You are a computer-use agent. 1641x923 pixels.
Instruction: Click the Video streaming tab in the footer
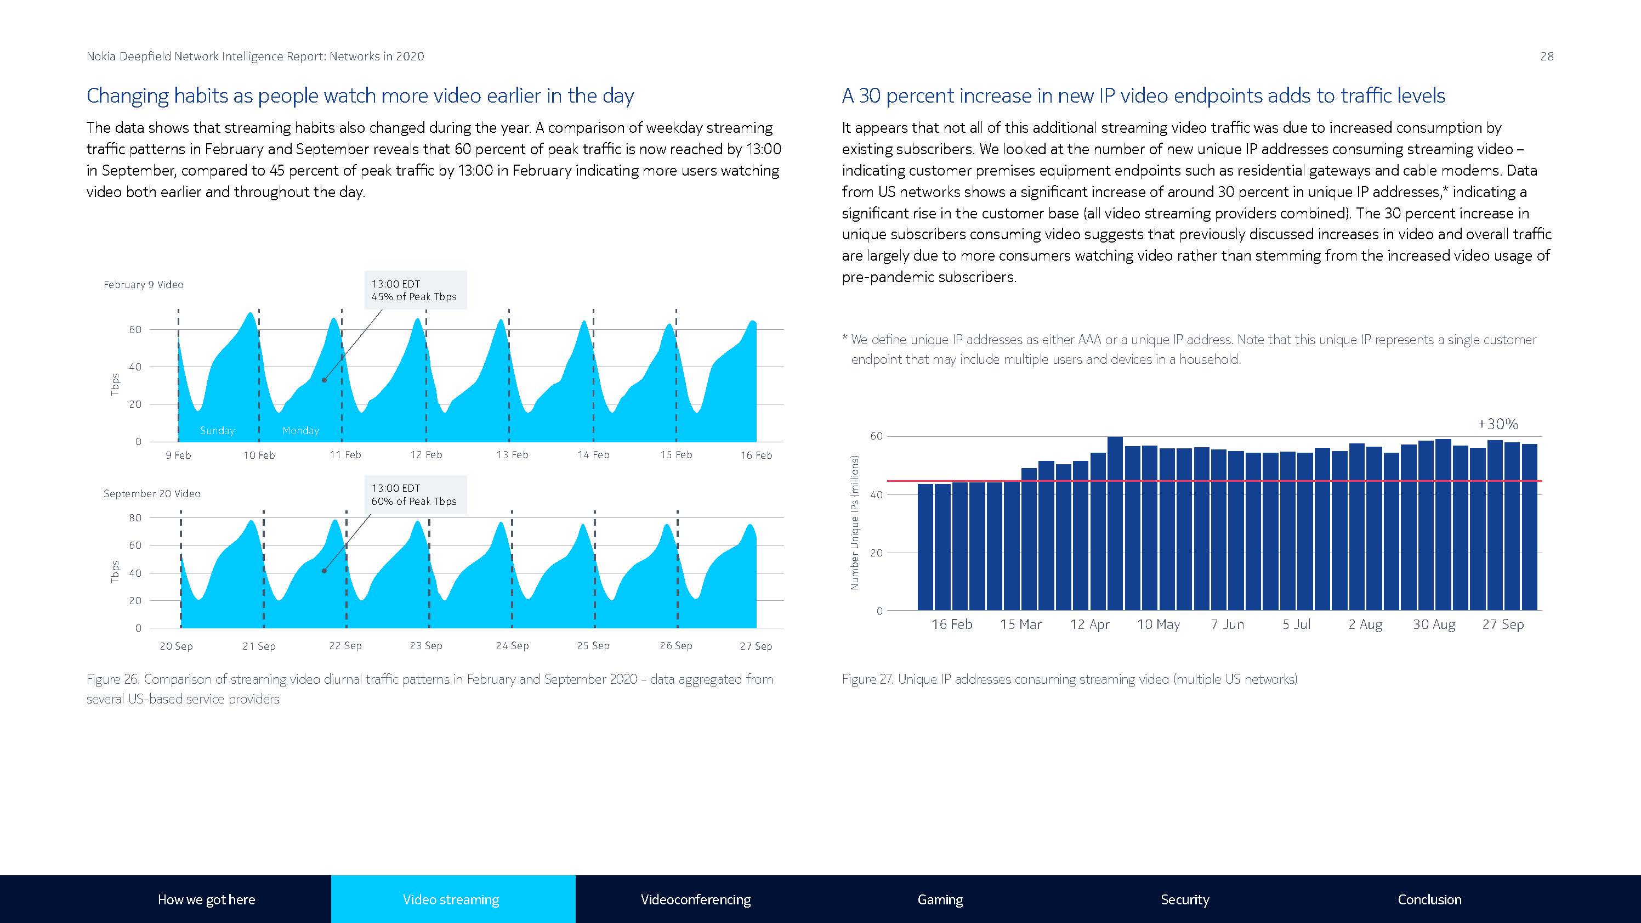(451, 899)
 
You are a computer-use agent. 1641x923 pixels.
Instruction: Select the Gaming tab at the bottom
(940, 899)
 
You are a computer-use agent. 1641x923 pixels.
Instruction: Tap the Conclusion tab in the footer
(1429, 899)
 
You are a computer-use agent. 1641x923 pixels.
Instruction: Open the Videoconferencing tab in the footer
(695, 899)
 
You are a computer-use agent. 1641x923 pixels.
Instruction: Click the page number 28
(1547, 57)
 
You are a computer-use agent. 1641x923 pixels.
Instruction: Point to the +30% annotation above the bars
(1498, 424)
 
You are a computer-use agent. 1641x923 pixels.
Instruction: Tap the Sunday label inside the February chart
(217, 431)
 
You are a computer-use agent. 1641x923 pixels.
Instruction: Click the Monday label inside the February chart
(300, 431)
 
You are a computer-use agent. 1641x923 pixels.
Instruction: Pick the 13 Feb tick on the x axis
(512, 455)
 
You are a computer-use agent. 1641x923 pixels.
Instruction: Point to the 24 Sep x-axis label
(512, 646)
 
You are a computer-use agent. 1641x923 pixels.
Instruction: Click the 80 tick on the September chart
(135, 517)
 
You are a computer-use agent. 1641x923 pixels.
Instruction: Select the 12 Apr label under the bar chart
(1089, 624)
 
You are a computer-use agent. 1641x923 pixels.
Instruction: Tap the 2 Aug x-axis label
(1365, 624)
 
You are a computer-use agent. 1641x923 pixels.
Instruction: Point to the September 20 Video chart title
(152, 494)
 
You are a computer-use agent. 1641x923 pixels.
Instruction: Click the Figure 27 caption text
(1069, 679)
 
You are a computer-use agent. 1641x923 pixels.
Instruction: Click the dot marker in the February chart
(324, 380)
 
